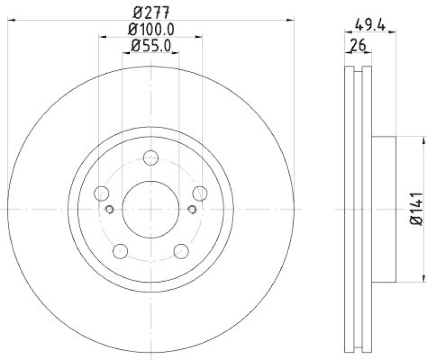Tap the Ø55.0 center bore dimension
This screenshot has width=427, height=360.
[x=150, y=46]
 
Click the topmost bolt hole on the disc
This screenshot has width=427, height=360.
[x=151, y=158]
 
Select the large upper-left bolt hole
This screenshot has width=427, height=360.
[x=101, y=194]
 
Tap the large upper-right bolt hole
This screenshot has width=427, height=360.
[x=201, y=194]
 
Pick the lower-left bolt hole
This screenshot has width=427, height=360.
[x=121, y=250]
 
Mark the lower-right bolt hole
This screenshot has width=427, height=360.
[x=182, y=250]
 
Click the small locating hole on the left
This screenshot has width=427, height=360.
[x=110, y=209]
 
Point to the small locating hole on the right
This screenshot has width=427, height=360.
[x=193, y=209]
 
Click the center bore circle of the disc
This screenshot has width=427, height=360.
[x=151, y=209]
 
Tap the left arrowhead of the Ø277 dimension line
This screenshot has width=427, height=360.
[x=12, y=20]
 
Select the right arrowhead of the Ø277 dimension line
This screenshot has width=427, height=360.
[x=291, y=20]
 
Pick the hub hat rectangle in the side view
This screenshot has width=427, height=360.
[x=383, y=209]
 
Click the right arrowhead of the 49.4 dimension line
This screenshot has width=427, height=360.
[x=393, y=33]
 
